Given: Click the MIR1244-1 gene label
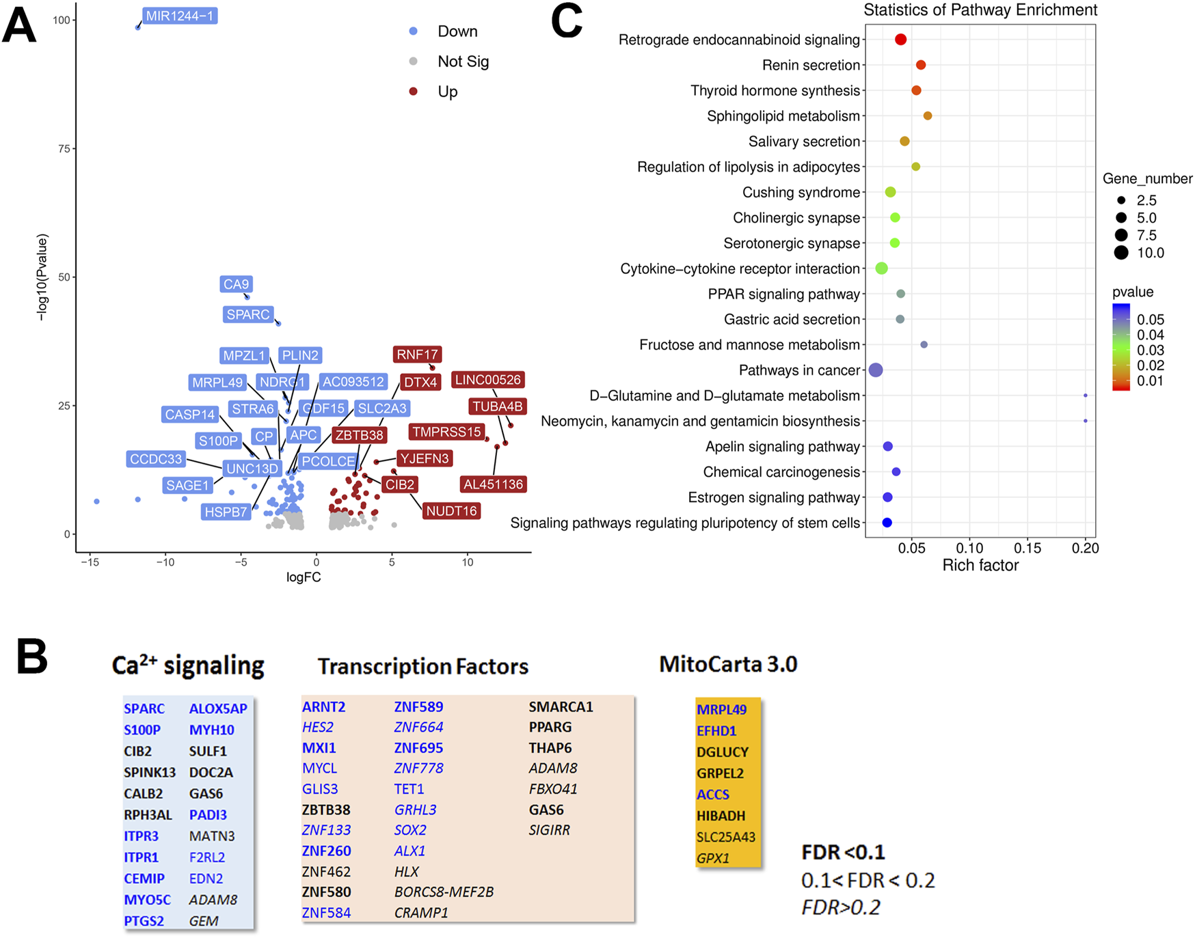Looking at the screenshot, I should pos(180,16).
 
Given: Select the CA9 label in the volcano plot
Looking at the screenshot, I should pos(237,284).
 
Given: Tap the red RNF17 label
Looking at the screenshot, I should pos(417,355).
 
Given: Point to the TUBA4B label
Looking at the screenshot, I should pos(498,406).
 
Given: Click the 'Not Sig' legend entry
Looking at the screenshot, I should pos(463,61).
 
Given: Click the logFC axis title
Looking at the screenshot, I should pos(304,577).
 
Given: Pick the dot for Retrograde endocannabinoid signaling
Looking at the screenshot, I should pos(900,40).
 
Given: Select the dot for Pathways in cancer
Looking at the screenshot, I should pos(875,370).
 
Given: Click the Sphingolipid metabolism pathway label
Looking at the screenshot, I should pos(783,116).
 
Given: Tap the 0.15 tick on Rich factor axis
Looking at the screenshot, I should pos(1027,548).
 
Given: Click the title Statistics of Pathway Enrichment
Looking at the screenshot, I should pos(980,10).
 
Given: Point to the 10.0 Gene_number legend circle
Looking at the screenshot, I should pos(1121,253).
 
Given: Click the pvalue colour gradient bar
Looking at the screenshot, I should pos(1120,347).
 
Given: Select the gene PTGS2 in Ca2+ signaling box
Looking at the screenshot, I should pos(144,921).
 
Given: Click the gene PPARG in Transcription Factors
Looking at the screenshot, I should pos(550,727).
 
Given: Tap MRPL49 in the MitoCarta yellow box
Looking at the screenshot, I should pos(721,710).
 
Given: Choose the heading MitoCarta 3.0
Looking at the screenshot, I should pos(728,664).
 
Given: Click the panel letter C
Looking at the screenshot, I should pos(566,22).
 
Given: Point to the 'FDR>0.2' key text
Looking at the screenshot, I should pos(840,907).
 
